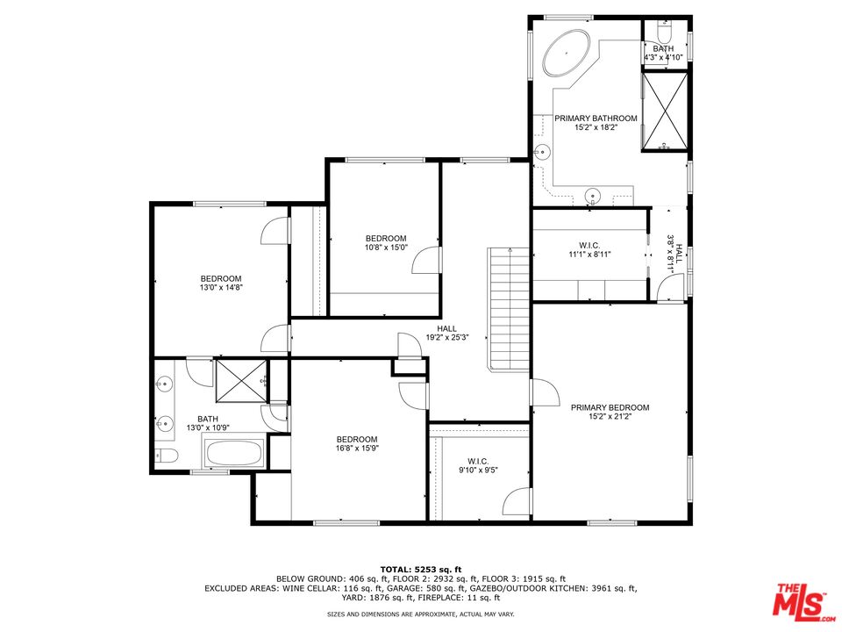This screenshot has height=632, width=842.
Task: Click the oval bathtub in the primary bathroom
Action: tap(567, 53)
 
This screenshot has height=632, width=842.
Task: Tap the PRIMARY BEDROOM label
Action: tap(610, 407)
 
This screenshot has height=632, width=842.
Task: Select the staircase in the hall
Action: tap(509, 309)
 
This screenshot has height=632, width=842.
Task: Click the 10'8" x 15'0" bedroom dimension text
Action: tap(386, 248)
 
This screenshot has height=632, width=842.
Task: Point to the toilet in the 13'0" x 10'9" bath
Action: tap(166, 456)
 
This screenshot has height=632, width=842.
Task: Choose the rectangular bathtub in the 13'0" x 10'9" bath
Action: tap(234, 453)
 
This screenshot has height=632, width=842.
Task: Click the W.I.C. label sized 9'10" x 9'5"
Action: tap(478, 461)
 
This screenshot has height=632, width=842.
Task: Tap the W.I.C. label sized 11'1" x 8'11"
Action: tap(589, 246)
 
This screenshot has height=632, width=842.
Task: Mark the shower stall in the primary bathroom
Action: tap(665, 111)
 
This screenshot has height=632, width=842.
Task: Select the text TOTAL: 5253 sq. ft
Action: tap(421, 569)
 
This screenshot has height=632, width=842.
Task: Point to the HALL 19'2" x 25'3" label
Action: tap(446, 334)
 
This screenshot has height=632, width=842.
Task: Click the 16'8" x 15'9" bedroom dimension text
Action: tap(357, 448)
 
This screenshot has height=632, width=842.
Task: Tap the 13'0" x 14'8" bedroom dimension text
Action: tap(221, 288)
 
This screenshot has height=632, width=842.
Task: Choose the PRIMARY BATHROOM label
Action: tap(596, 118)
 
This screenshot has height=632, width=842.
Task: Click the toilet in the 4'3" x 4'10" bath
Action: tap(664, 33)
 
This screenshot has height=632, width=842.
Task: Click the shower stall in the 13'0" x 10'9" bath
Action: tap(241, 381)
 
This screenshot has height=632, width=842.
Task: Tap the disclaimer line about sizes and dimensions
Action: tap(421, 614)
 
